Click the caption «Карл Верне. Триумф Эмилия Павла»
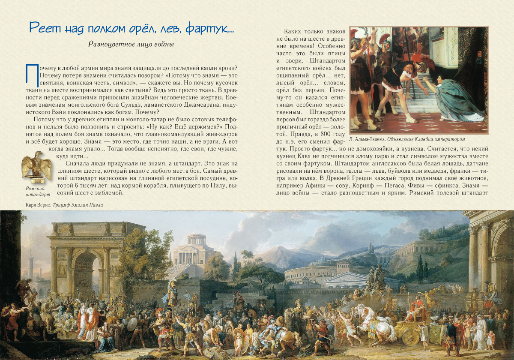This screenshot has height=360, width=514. coord(64,205)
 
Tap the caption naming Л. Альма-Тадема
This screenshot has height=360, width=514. coord(407,139)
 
